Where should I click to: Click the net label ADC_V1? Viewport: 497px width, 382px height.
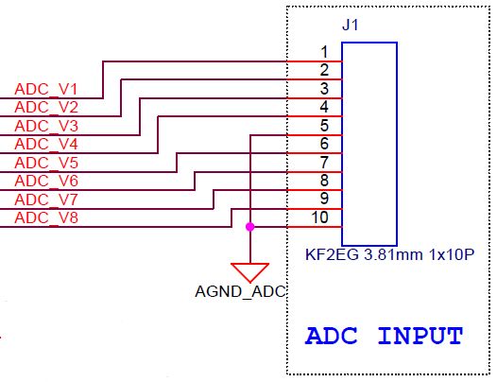coord(46,89)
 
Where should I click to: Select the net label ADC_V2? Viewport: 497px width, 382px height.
coord(46,107)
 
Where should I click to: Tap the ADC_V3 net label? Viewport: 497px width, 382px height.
coord(46,126)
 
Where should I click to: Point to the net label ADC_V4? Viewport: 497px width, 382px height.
coord(46,144)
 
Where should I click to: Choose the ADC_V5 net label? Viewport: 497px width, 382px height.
coord(46,163)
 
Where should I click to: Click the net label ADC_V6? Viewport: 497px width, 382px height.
coord(46,181)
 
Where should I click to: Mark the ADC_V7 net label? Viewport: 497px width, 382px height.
coord(46,200)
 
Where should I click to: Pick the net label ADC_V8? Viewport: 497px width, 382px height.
coord(46,217)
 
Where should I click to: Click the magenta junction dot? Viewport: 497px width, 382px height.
coord(250,227)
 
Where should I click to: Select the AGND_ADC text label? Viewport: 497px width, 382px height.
coord(240,292)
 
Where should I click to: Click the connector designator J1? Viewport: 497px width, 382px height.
coord(351,26)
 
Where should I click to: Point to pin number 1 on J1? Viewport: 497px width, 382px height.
coord(324,52)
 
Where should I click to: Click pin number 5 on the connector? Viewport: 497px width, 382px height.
coord(324,126)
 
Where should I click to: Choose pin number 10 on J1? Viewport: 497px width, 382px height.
coord(319,217)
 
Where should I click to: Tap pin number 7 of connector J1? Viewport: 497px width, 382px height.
coord(324,163)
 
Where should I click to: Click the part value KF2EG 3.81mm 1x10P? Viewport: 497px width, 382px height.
coord(389,254)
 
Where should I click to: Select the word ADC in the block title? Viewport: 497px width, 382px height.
coord(332,336)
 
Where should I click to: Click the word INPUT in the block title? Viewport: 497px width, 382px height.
coord(420,336)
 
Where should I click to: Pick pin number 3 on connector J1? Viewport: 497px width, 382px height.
coord(324,89)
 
